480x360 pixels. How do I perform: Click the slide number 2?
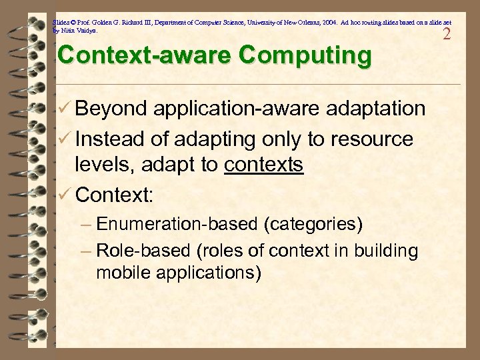coord(447,33)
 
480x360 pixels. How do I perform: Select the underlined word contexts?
coord(264,165)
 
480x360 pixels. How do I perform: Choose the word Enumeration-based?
coord(178,224)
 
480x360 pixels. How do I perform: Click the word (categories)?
coord(313,224)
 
